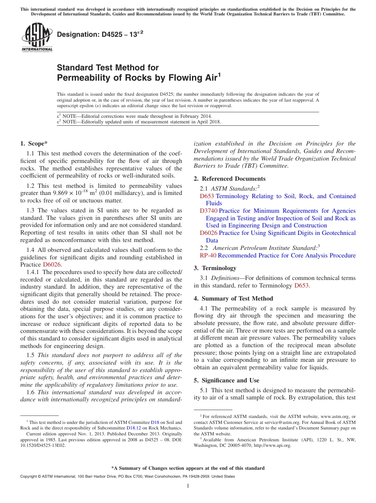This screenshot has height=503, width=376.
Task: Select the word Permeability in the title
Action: coord(84,78)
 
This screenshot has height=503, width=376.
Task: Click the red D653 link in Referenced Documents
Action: coord(207,196)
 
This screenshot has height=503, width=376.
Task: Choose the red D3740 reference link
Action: coord(209,211)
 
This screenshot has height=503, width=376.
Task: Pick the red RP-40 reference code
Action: coord(208,255)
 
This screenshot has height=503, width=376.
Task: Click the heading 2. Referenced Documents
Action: coord(230,179)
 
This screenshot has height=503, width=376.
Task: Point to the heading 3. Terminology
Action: coord(215,268)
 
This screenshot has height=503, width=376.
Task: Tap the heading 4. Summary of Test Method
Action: coord(233,299)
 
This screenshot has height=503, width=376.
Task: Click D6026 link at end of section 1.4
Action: coord(52,265)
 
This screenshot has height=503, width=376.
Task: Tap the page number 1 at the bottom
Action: coord(188,486)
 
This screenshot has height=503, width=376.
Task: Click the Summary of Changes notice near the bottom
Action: coord(188,468)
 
